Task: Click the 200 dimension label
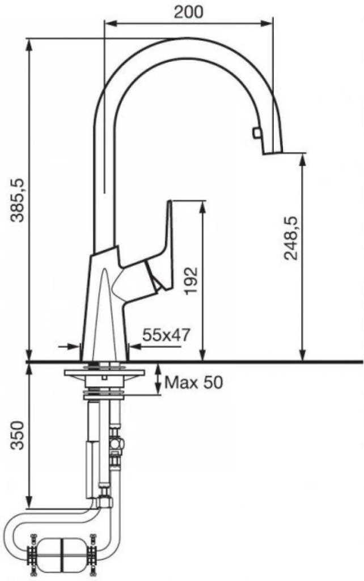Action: [x=188, y=12]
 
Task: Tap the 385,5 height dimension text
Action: [x=18, y=200]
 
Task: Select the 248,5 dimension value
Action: [x=291, y=238]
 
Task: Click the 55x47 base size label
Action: [x=166, y=335]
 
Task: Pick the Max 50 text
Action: [x=194, y=382]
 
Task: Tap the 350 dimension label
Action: [x=18, y=435]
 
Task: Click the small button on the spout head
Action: [x=256, y=133]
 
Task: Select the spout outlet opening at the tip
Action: [x=273, y=153]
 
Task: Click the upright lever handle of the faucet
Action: [x=165, y=245]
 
